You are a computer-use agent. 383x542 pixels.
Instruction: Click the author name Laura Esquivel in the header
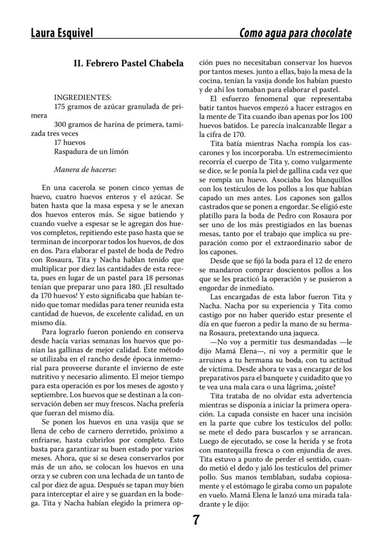coord(62,33)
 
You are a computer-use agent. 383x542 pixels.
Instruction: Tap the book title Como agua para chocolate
coord(295,33)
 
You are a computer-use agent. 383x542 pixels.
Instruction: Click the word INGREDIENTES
coord(82,98)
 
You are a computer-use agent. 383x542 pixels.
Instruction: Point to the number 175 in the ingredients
coord(61,107)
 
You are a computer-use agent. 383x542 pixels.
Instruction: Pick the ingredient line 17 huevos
coord(70,143)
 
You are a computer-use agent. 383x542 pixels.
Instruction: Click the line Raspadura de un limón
coord(91,151)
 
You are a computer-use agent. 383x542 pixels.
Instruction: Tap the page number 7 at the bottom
coord(196,520)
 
